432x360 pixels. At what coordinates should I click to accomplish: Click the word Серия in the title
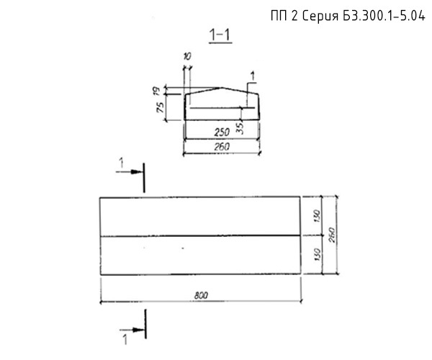(320, 17)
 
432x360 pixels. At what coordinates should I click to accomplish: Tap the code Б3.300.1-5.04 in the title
(384, 16)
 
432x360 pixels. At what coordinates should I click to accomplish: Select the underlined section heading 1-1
(220, 35)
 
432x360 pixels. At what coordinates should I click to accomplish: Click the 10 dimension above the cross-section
(187, 57)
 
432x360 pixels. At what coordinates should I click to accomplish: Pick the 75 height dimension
(160, 107)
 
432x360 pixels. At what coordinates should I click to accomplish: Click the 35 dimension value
(240, 128)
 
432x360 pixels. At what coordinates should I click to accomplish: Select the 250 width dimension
(222, 132)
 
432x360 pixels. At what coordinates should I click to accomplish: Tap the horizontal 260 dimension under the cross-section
(222, 147)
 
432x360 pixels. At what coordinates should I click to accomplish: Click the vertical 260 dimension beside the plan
(332, 235)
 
